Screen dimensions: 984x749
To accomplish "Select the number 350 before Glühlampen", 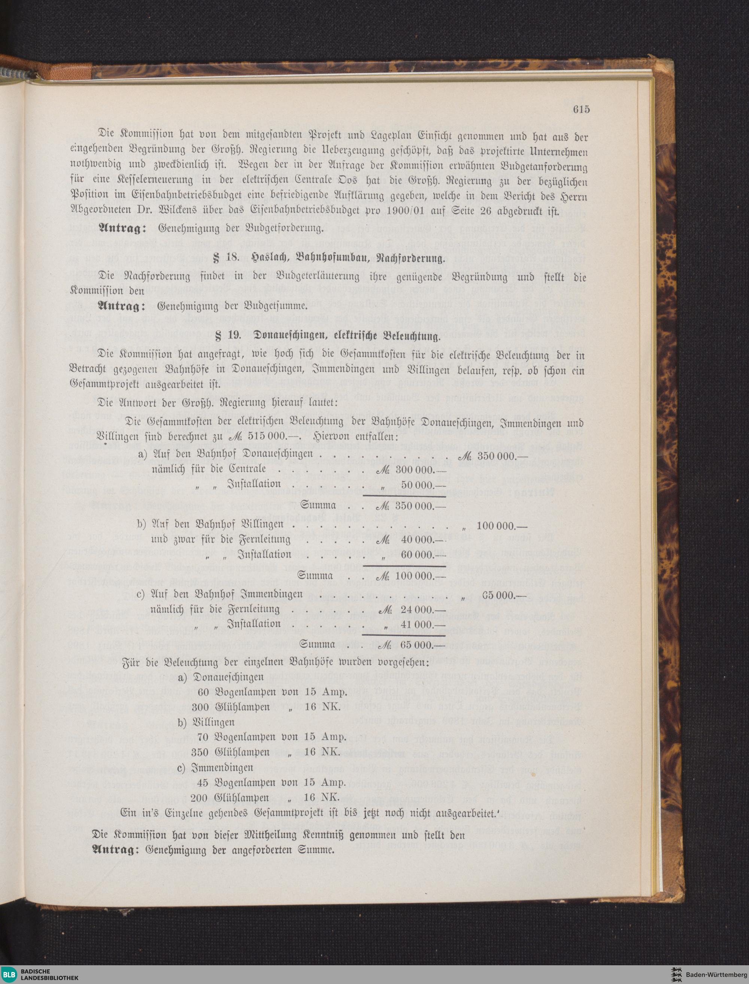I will tap(200, 752).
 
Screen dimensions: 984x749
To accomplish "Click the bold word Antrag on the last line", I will tap(113, 850).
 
